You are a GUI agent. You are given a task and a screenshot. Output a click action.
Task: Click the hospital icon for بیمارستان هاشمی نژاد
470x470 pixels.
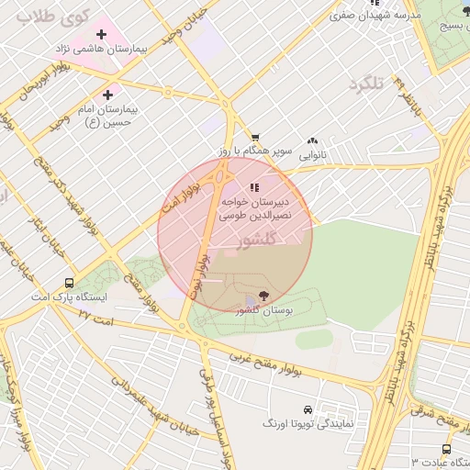[102, 34]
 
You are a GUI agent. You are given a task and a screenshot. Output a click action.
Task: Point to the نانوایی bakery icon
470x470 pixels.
[313, 141]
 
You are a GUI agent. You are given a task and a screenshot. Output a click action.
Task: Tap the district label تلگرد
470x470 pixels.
[364, 84]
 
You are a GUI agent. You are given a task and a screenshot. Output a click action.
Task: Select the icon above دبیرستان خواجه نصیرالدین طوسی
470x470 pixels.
[253, 187]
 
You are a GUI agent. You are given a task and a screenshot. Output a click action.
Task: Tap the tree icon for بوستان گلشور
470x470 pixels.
[264, 296]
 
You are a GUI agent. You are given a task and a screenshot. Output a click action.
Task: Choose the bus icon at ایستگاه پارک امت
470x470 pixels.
[70, 283]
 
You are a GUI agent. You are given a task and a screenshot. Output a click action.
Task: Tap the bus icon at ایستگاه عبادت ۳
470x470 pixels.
[446, 449]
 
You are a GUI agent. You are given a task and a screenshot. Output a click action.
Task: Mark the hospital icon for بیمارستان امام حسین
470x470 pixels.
[108, 95]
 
